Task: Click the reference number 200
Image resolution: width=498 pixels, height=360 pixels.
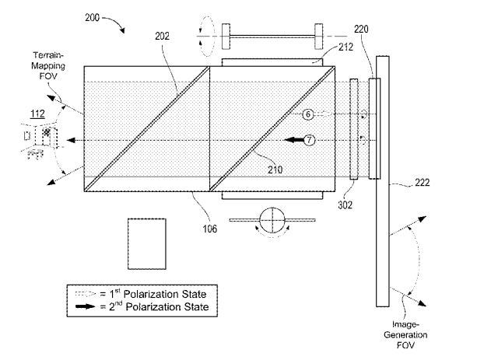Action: [x=92, y=17]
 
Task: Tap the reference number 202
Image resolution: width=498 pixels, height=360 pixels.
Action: [x=162, y=37]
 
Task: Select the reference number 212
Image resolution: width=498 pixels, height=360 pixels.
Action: [x=345, y=47]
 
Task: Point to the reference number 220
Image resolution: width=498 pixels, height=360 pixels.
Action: [x=361, y=30]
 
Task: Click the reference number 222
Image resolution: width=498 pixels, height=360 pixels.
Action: [x=422, y=183]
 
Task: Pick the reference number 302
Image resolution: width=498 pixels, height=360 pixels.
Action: [x=345, y=205]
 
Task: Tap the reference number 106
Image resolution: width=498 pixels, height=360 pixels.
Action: [x=210, y=229]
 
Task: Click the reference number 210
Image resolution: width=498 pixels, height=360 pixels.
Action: [x=275, y=170]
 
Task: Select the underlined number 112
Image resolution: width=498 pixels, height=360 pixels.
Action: [x=37, y=114]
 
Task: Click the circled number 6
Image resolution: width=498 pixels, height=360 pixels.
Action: [x=308, y=114]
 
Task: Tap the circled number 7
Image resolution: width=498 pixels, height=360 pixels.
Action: [x=310, y=140]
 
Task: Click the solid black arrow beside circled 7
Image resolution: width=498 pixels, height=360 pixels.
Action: [x=294, y=140]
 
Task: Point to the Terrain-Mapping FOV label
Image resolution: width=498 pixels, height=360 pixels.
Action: [x=48, y=66]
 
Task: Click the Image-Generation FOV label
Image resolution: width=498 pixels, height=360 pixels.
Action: [x=405, y=334]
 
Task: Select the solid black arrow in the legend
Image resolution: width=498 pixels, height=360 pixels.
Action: [x=86, y=306]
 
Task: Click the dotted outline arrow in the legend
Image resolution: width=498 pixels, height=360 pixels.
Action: [x=86, y=294]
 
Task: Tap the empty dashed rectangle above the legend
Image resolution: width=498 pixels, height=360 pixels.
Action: [x=147, y=244]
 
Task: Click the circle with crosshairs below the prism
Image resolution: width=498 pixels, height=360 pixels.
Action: [x=272, y=220]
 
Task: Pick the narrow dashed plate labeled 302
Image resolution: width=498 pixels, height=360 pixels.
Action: [x=354, y=129]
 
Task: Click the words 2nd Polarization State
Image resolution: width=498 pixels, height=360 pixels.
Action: [x=159, y=306]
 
